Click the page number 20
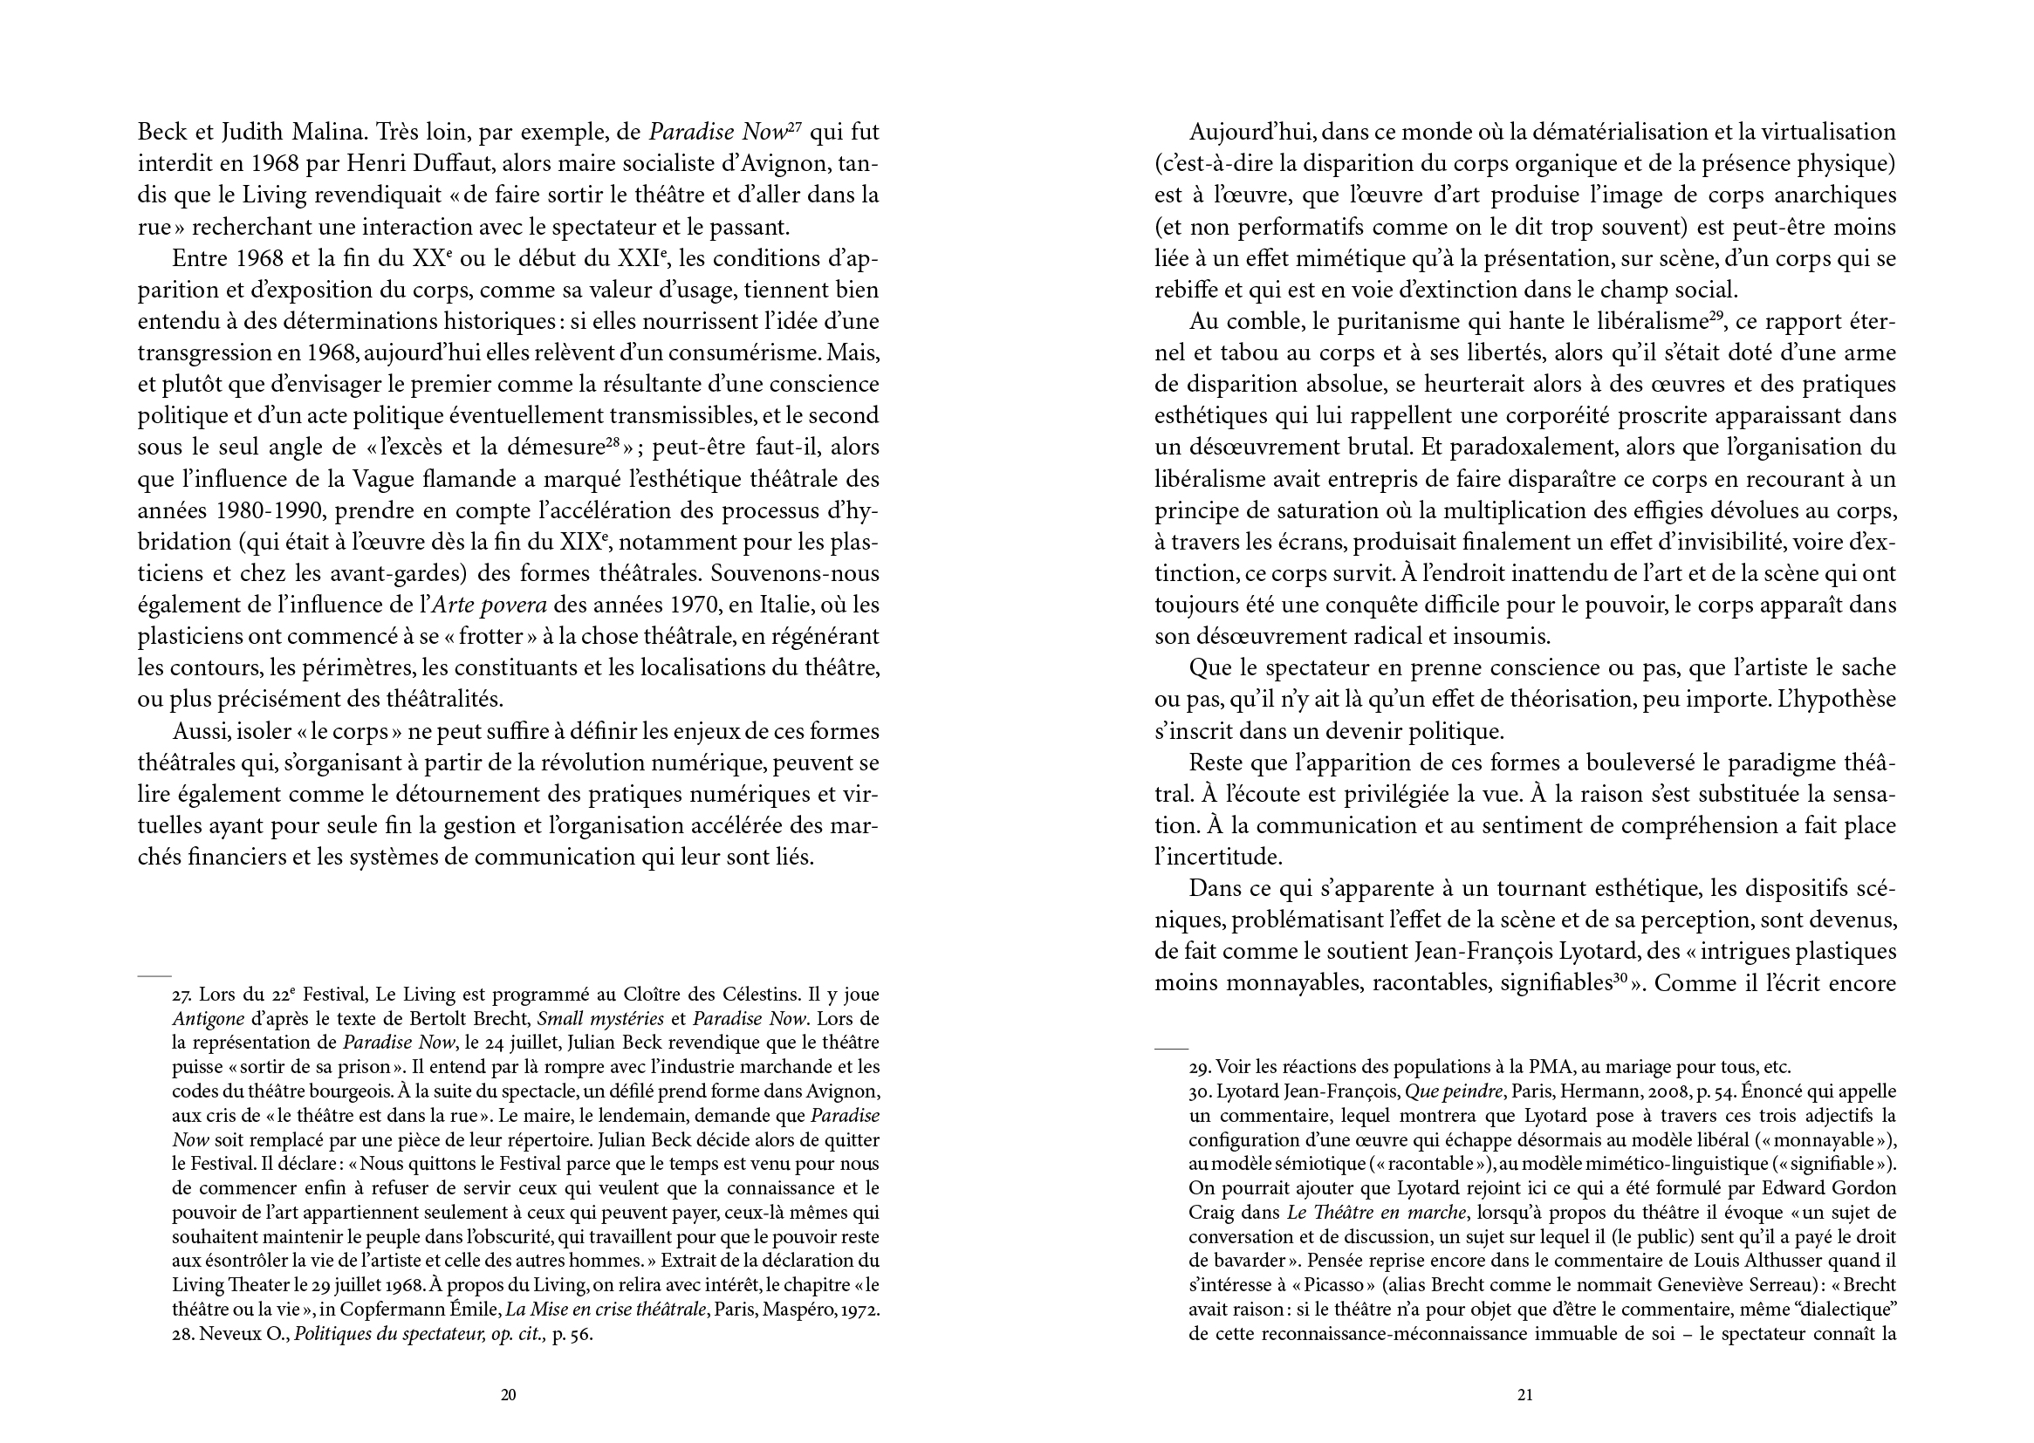coord(508,1395)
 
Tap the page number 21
coord(1524,1395)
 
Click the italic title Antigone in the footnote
coord(207,1019)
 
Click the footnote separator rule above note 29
coord(1170,1049)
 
